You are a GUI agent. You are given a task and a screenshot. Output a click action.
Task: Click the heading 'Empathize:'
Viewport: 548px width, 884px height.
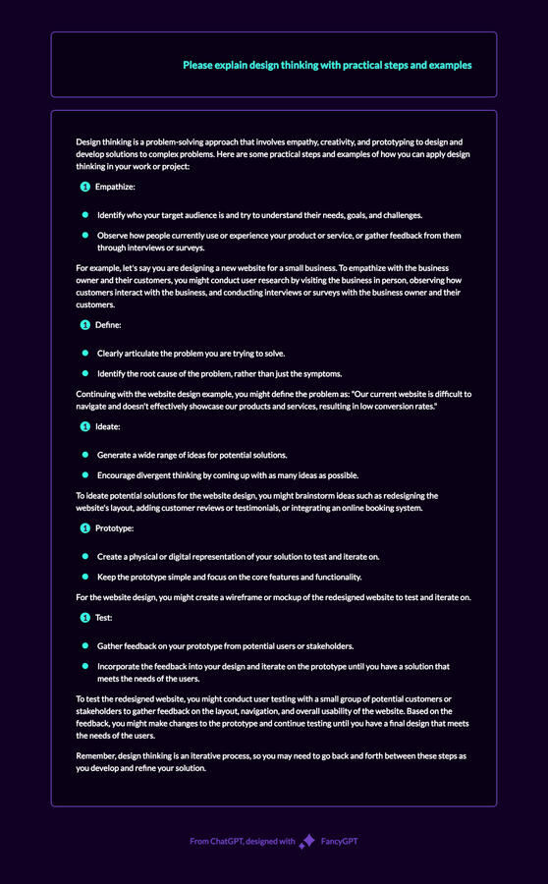coord(115,187)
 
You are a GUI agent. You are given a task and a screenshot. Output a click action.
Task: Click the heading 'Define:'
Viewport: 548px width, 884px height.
coord(108,324)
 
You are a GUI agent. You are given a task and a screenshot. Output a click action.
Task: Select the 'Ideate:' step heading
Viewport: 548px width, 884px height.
coord(108,426)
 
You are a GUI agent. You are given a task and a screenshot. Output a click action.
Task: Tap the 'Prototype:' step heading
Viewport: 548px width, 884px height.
coord(114,528)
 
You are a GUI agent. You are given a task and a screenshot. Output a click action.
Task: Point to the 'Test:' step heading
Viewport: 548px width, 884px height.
coord(104,618)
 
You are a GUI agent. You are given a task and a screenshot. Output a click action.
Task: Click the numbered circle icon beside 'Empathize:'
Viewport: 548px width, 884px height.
coord(84,187)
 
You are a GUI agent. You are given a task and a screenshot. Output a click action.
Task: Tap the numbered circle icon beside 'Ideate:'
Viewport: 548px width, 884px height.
coord(84,426)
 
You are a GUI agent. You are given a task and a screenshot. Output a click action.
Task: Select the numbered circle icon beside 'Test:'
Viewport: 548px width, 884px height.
coord(84,618)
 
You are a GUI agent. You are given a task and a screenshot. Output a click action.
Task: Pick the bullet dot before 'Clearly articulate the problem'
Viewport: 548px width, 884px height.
coord(85,353)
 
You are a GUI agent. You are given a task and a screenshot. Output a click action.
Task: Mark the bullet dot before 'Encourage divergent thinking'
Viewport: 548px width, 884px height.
coord(85,474)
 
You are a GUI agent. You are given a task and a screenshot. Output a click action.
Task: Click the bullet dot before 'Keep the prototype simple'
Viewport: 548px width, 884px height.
coord(85,577)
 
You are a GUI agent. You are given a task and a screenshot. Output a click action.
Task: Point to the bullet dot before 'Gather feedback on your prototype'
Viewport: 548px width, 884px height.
coord(85,646)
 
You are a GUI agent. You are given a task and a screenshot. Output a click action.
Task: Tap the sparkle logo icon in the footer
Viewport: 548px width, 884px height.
coord(306,841)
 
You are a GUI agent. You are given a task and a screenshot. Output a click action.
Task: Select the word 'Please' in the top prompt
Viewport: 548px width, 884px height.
coord(197,66)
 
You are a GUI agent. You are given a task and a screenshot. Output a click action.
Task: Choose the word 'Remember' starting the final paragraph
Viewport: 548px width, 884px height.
coord(96,755)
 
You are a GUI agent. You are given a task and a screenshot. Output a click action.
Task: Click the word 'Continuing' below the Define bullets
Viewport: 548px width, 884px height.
coord(98,394)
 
